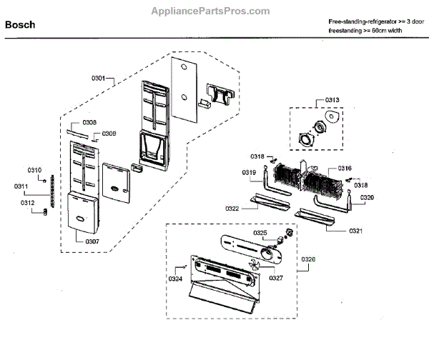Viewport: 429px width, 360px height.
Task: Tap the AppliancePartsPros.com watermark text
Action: click(210, 11)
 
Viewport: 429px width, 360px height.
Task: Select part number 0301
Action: click(99, 77)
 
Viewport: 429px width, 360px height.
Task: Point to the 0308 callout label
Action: click(89, 122)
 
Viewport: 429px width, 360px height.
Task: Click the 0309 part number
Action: click(109, 134)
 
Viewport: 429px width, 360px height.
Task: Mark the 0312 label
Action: click(28, 202)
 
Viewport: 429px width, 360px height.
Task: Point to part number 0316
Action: click(345, 169)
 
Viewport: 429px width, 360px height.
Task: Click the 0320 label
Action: click(367, 196)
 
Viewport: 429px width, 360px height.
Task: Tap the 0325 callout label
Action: click(260, 233)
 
